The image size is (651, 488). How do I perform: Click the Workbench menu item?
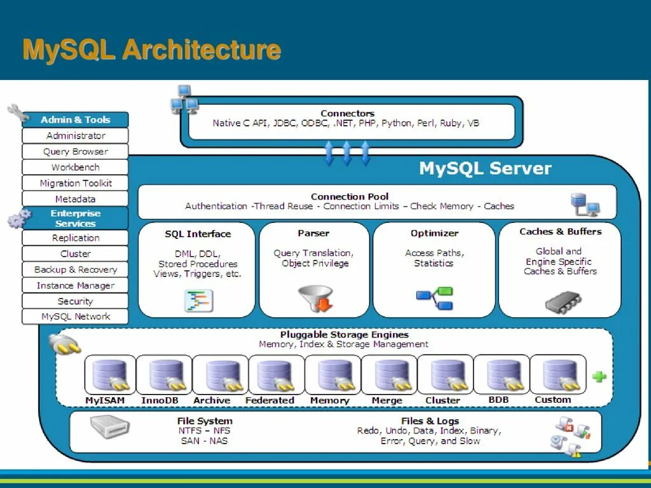click(x=75, y=167)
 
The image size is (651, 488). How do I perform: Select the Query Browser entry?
click(x=75, y=151)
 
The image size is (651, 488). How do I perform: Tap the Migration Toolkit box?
click(x=75, y=183)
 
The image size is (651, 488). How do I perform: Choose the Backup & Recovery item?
click(x=75, y=269)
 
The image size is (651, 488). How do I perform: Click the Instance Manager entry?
click(x=75, y=285)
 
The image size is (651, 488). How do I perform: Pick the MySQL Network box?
click(x=75, y=316)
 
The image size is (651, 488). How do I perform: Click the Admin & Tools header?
click(x=75, y=119)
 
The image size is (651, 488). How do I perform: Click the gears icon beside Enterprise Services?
click(x=18, y=219)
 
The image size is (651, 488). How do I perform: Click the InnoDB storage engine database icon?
click(x=166, y=376)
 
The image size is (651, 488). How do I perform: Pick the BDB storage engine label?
click(x=498, y=400)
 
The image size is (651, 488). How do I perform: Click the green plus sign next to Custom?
click(x=599, y=376)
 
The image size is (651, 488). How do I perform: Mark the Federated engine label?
click(x=270, y=400)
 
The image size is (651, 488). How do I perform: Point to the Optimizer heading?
click(x=434, y=233)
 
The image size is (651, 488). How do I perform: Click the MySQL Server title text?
click(x=485, y=168)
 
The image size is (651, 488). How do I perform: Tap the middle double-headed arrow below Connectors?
click(x=347, y=153)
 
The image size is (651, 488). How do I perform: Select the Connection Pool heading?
click(x=350, y=196)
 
